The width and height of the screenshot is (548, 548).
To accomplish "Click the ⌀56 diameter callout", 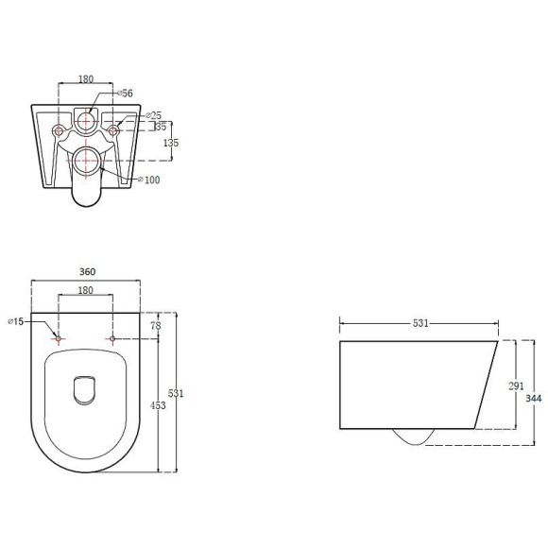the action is point(125,93).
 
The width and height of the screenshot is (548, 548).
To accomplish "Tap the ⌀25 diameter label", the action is point(153,115).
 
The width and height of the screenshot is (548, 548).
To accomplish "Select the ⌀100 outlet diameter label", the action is point(149,180).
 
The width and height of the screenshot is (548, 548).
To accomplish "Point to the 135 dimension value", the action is point(171,143).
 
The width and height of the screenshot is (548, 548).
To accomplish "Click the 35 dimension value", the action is point(161,127).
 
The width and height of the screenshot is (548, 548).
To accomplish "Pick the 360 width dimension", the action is point(87,271).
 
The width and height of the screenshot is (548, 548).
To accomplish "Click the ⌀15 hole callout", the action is point(16,321).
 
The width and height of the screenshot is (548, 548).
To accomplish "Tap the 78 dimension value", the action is point(156,325).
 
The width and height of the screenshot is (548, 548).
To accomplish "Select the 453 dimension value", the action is point(158,405).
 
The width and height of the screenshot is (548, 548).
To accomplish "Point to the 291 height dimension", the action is point(516,385).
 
